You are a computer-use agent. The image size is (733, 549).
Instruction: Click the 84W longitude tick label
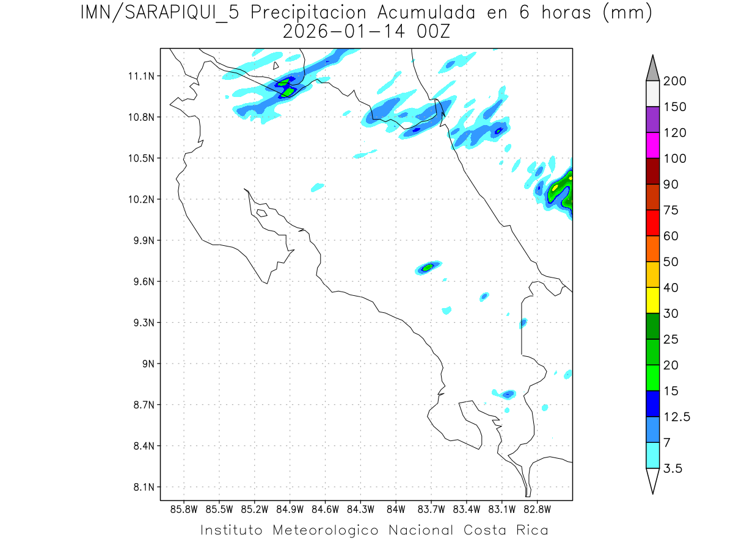point(396,508)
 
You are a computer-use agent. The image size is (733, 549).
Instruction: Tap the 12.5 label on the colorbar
point(677,417)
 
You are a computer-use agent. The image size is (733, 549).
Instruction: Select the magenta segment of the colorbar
point(652,145)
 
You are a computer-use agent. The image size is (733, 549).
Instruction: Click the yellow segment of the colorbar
point(652,300)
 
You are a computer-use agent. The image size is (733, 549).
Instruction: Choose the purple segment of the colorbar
point(652,120)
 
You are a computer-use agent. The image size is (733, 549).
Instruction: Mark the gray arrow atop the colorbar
point(652,68)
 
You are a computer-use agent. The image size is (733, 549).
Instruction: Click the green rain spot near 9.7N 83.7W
point(428,267)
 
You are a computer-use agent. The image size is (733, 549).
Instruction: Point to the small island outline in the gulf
point(261,213)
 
